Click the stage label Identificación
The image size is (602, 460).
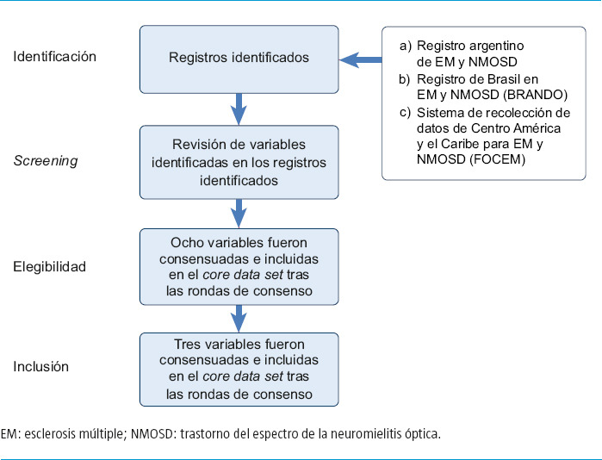pyautogui.click(x=54, y=57)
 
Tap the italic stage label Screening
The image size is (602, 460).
pyautogui.click(x=46, y=161)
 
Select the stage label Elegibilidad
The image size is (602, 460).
pyautogui.click(x=50, y=266)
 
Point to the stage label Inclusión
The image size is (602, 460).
pyautogui.click(x=41, y=366)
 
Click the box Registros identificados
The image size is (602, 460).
pyautogui.click(x=239, y=59)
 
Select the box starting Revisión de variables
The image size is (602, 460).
pyautogui.click(x=239, y=163)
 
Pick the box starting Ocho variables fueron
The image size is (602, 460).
pyautogui.click(x=239, y=267)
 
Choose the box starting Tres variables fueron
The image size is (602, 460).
pyautogui.click(x=239, y=370)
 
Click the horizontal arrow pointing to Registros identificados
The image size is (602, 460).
pyautogui.click(x=361, y=60)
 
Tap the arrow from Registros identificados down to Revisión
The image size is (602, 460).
pyautogui.click(x=239, y=109)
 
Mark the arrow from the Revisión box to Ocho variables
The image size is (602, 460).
pyautogui.click(x=239, y=214)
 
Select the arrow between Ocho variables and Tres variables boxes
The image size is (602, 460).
pyautogui.click(x=239, y=319)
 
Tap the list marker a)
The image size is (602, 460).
pyautogui.click(x=406, y=46)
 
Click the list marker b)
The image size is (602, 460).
pyautogui.click(x=405, y=79)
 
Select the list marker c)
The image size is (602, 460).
pyautogui.click(x=405, y=113)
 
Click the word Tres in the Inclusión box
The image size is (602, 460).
pyautogui.click(x=187, y=344)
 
